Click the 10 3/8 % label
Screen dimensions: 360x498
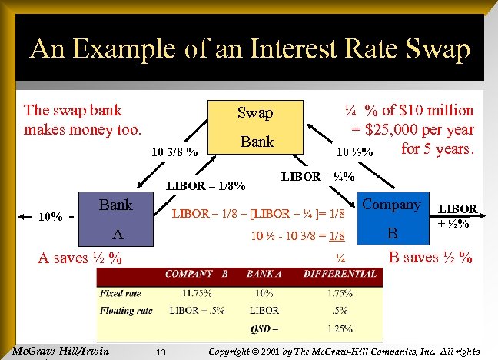point(174,150)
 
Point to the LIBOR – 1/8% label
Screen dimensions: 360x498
point(206,185)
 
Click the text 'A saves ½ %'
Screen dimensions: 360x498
point(81,258)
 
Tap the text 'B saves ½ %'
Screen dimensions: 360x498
point(430,257)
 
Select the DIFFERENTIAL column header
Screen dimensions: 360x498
point(340,273)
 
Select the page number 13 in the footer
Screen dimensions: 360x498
point(161,352)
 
